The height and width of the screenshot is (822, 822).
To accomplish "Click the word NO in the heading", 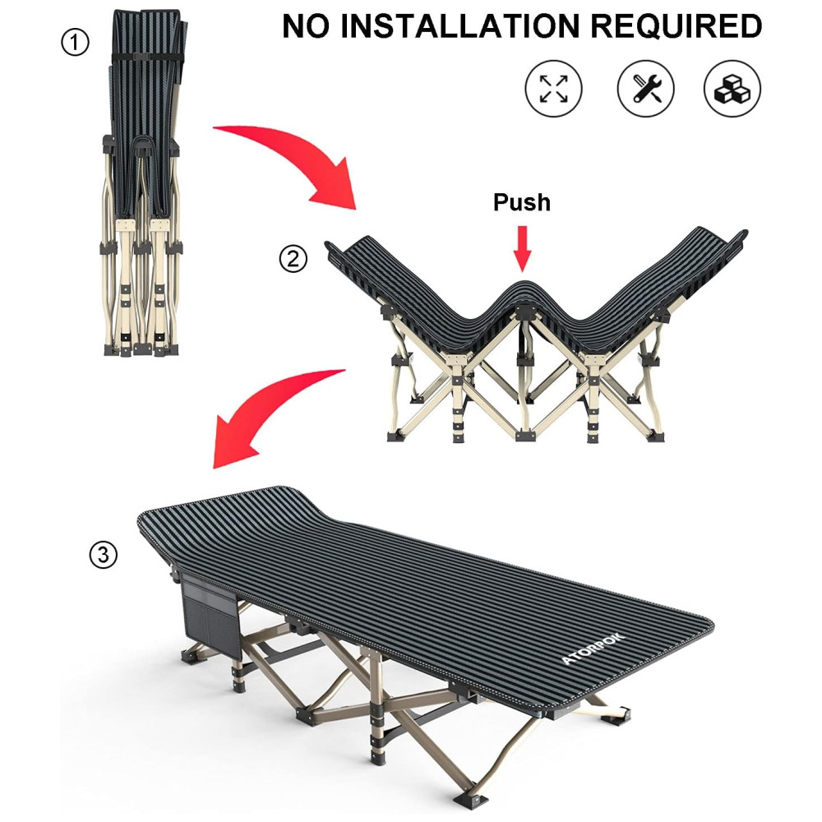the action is coord(306,26).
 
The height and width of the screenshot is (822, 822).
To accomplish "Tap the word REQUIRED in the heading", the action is coord(676,26).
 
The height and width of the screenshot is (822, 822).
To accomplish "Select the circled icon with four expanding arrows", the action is coord(553,89).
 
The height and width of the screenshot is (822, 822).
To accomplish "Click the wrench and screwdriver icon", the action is coord(645,89).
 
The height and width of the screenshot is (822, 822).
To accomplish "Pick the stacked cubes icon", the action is coord(732,89).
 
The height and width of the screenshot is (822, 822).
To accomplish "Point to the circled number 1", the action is coord(75,42).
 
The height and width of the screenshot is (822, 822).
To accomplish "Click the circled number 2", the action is coord(293,258).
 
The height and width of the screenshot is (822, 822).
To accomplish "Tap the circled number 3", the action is coord(104,555).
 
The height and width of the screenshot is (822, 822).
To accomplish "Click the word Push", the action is coord(522,202).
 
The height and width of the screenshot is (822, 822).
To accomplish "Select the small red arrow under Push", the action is coord(522,249).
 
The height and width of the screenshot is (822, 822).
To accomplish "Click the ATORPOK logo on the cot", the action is coord(593,649).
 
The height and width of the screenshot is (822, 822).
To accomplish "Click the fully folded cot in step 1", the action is coord(142,183).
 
